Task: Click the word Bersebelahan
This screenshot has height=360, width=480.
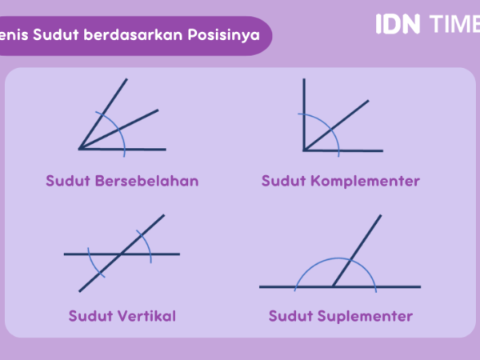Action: point(147,181)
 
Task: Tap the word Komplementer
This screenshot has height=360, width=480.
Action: point(366,182)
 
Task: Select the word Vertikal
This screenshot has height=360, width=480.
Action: point(147,316)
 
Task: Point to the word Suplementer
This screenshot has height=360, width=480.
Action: point(365,317)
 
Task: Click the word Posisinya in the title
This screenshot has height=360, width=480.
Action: point(224,34)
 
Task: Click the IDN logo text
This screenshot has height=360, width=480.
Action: point(398,24)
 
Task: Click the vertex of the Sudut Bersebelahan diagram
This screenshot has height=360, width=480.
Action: point(79,149)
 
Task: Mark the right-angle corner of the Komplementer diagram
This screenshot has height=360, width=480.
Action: point(304,150)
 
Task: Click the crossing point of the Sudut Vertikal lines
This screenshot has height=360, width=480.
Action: point(121,254)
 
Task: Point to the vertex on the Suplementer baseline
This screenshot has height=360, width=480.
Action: point(333,287)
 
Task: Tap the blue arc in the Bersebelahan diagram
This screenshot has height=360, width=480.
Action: point(118,130)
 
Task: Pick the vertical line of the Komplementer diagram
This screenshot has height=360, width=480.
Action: point(304,114)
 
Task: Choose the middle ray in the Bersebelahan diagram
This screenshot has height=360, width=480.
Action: point(118,129)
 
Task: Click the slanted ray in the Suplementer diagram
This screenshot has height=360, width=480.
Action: point(357,250)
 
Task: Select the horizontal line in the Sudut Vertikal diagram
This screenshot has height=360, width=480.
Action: point(122,254)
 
